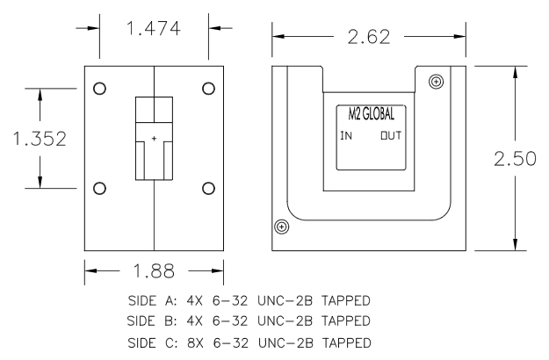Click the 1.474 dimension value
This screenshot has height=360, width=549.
(153, 30)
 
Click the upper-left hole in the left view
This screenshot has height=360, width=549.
(99, 89)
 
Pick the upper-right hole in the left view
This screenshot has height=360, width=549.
(208, 89)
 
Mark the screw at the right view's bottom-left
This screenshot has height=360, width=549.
(281, 227)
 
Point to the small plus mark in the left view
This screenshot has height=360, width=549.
(154, 139)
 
